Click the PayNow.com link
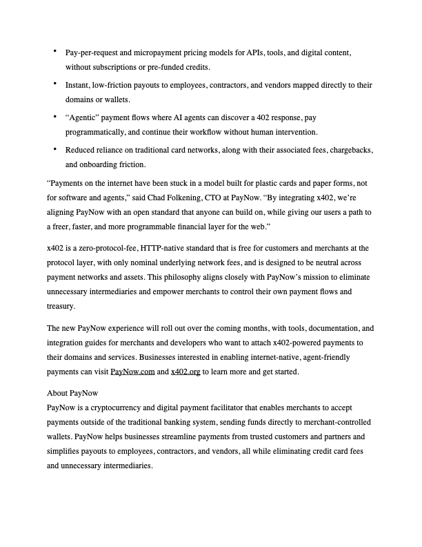coord(131,372)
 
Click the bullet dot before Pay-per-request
coord(54,52)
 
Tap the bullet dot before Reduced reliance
coord(54,148)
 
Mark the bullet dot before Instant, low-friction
coord(54,84)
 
